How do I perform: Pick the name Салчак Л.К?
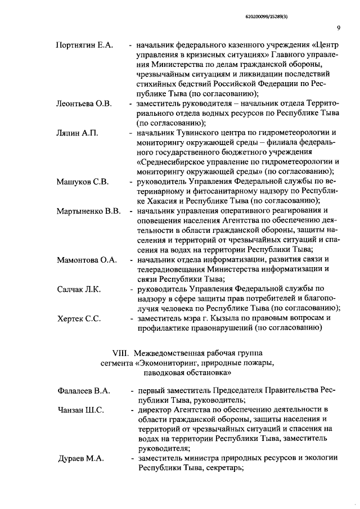click(x=79, y=290)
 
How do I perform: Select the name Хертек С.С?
click(x=79, y=319)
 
